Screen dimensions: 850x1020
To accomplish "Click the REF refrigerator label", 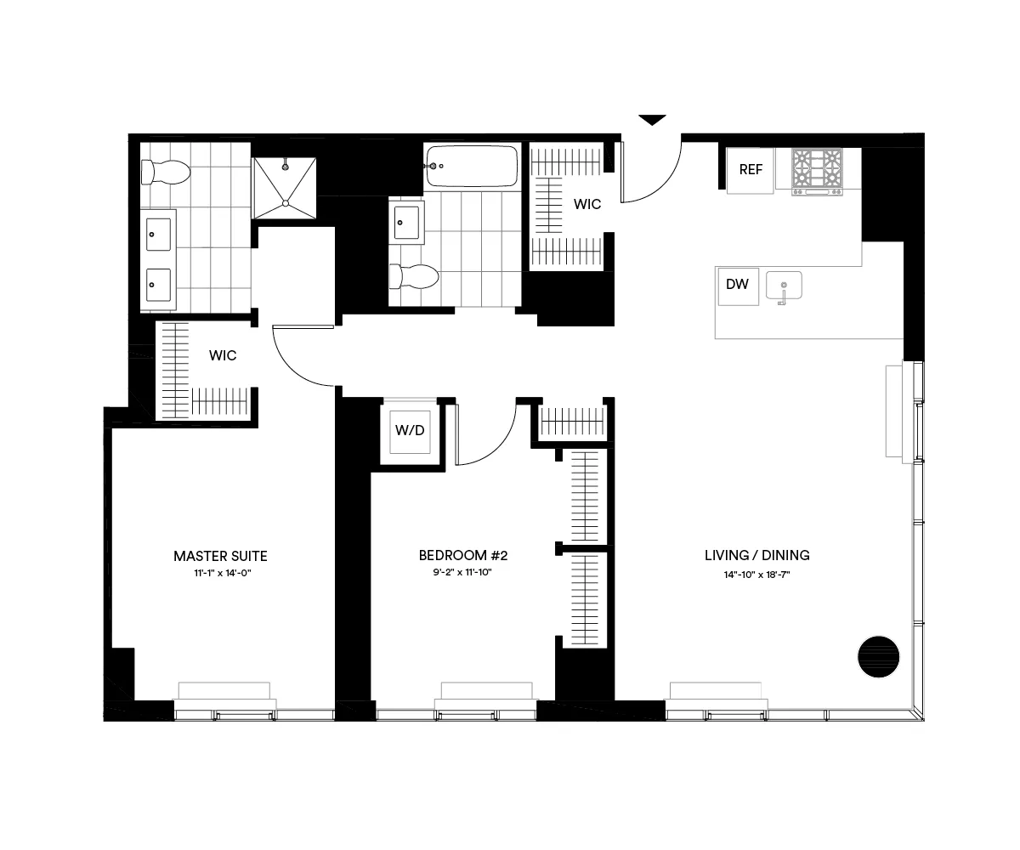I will pos(751,170).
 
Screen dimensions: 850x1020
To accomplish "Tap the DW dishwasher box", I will pos(737,285).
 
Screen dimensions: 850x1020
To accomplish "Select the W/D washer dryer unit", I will pos(410,431).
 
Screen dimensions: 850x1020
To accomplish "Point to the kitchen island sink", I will pos(784,286).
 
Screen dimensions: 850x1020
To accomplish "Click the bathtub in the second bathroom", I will pos(472,166).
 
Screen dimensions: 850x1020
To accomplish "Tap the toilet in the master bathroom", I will pos(165,173).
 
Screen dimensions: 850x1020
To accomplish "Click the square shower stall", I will pos(285,187).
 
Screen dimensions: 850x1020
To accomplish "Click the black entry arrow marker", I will pos(652,120).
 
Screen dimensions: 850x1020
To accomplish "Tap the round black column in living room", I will pos(876,656).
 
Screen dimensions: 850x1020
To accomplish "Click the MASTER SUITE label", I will pos(220,557).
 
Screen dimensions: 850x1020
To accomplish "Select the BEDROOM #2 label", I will pos(463,556).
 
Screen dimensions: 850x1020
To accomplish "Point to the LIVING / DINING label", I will pos(756,556).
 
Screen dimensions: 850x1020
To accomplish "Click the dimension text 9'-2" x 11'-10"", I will pos(463,574).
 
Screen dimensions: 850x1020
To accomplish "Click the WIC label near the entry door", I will pos(587,205).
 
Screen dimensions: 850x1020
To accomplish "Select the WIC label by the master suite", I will pos(223,355).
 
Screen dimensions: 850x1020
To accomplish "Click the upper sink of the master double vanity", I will pos(158,234).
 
